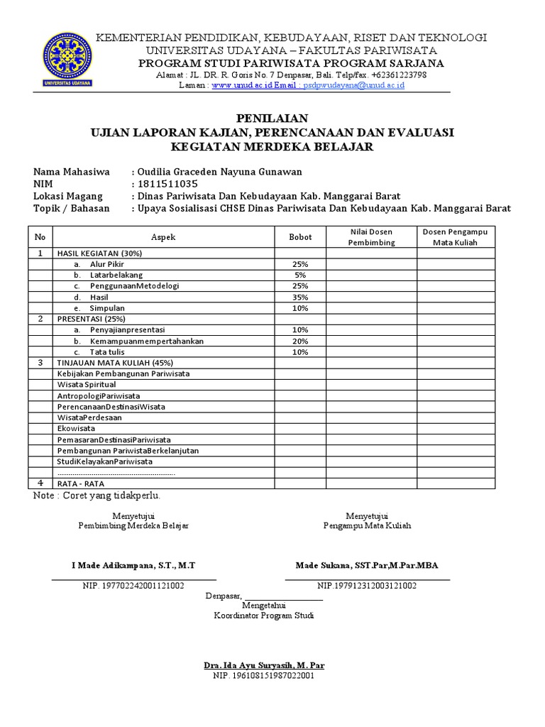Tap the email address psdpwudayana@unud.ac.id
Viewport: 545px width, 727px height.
pyautogui.click(x=352, y=85)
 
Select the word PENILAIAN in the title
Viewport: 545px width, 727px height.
pyautogui.click(x=272, y=119)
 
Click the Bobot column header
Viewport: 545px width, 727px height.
pyautogui.click(x=299, y=237)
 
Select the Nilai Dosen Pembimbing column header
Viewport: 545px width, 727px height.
pyautogui.click(x=371, y=237)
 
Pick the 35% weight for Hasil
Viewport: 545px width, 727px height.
pyautogui.click(x=299, y=297)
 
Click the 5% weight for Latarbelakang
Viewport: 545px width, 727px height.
pyautogui.click(x=299, y=275)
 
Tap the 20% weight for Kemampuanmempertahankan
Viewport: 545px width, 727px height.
pyautogui.click(x=299, y=341)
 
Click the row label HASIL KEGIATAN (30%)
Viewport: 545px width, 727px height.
pyautogui.click(x=99, y=253)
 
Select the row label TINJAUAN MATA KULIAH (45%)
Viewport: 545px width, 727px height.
pyautogui.click(x=114, y=363)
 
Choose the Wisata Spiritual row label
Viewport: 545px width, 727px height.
pyautogui.click(x=87, y=385)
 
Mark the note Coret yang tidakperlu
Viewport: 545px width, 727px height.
pyautogui.click(x=97, y=495)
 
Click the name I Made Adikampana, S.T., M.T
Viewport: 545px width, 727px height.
pyautogui.click(x=133, y=565)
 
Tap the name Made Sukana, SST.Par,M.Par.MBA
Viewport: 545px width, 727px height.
pyautogui.click(x=367, y=565)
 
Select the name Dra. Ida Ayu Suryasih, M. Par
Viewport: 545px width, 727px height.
pyautogui.click(x=264, y=665)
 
